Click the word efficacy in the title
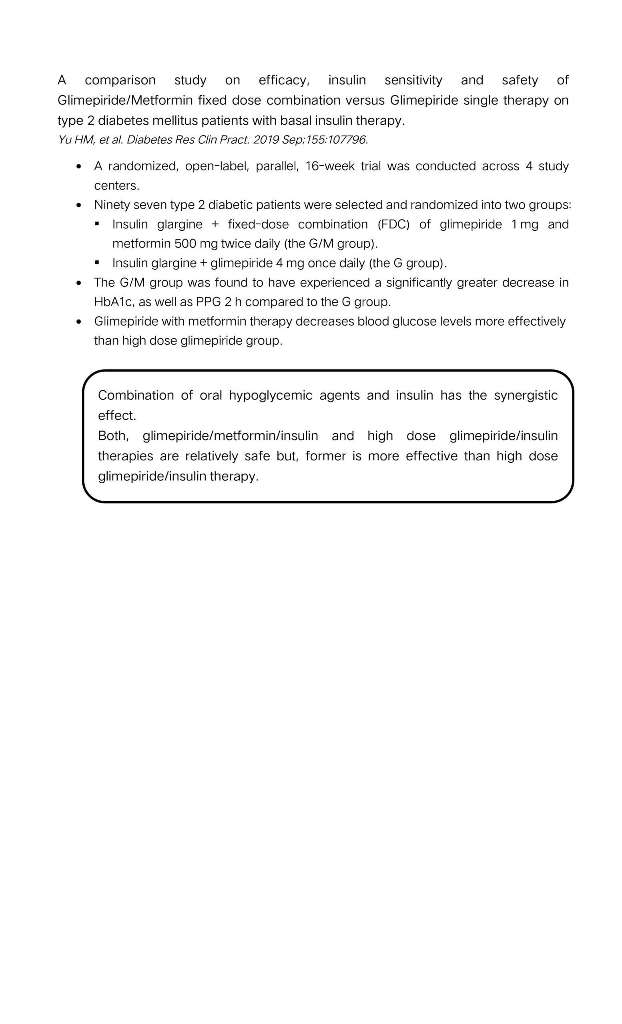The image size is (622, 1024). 283,80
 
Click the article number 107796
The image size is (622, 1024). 347,140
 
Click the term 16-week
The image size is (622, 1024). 330,166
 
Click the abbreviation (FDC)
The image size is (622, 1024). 393,224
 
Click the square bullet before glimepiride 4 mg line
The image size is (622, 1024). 97,263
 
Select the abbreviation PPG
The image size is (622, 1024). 208,302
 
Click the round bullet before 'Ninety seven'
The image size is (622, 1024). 79,205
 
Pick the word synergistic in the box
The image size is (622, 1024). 526,395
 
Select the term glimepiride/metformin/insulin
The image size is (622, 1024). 230,436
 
